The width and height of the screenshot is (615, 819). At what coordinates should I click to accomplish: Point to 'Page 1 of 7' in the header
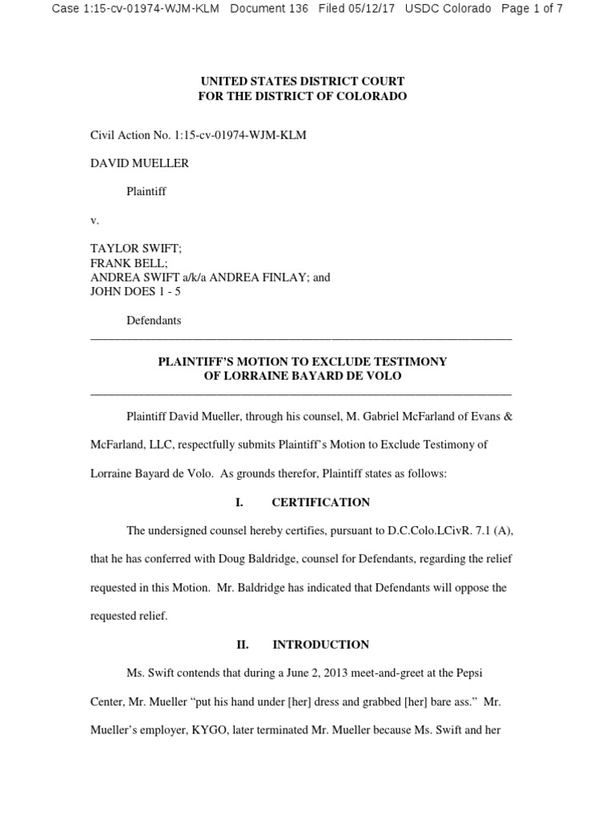[532, 9]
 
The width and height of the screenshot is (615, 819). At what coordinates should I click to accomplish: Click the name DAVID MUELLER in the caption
[139, 163]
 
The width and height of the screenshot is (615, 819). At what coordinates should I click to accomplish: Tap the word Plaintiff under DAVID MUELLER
[146, 192]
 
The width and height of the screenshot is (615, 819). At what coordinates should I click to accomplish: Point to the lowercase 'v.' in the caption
[94, 220]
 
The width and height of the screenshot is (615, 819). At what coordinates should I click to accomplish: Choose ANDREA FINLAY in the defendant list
[275, 278]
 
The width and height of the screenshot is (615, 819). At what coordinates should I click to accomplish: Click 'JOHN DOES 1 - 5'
[135, 292]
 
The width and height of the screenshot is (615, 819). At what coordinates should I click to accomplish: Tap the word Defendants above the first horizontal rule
[154, 320]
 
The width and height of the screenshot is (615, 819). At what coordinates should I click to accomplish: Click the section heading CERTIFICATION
[320, 502]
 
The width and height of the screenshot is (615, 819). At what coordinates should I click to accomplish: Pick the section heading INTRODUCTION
[320, 644]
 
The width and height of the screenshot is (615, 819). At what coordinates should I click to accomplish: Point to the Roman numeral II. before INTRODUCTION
[242, 644]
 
